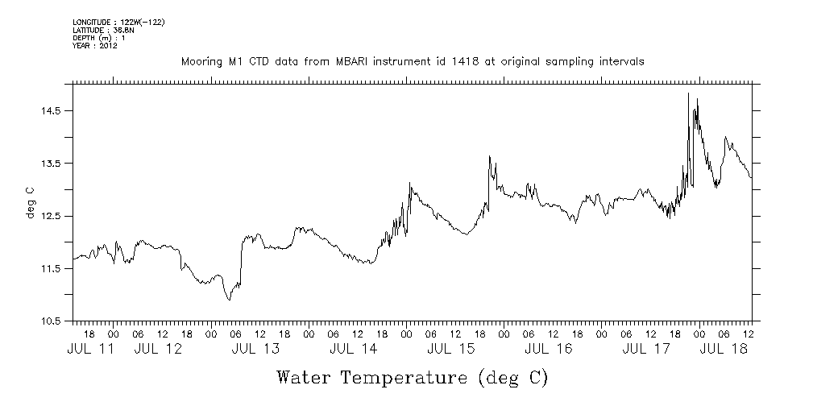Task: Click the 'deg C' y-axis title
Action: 31,202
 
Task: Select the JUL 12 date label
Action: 159,350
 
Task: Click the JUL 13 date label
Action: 256,350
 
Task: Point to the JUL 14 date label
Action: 354,350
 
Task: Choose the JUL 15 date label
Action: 451,350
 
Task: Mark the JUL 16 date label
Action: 549,350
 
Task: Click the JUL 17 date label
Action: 646,350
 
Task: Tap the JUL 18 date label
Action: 724,350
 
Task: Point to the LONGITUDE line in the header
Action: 118,23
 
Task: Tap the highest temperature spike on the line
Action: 688,93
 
